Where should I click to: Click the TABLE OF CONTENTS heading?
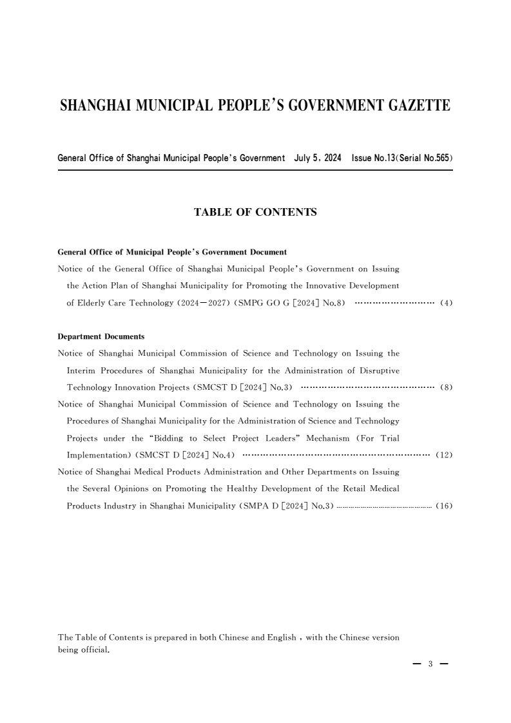point(255,211)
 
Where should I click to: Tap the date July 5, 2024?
point(318,158)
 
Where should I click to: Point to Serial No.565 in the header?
point(425,158)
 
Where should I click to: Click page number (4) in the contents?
point(446,304)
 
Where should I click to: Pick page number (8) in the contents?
point(446,388)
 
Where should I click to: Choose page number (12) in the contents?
point(445,456)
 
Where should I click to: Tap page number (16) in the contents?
point(445,506)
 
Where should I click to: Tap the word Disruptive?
point(377,371)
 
